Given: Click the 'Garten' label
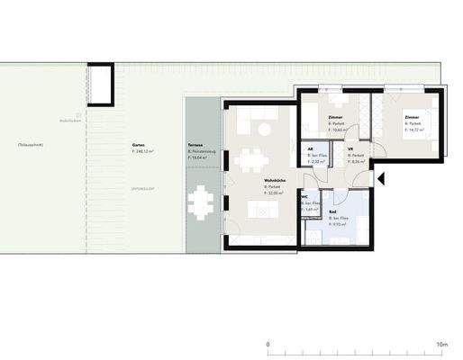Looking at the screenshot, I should [x=139, y=144].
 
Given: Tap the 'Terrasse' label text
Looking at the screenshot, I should [x=195, y=144].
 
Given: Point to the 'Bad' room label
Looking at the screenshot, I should [x=333, y=212].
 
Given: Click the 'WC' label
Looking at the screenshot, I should [x=304, y=196].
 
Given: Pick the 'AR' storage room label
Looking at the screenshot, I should [x=311, y=149].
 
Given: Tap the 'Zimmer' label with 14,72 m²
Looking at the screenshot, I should [x=412, y=117].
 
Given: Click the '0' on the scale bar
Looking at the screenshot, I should [x=268, y=344].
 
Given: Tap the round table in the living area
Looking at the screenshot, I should [x=265, y=129].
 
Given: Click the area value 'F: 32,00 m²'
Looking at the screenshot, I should [x=275, y=193].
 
